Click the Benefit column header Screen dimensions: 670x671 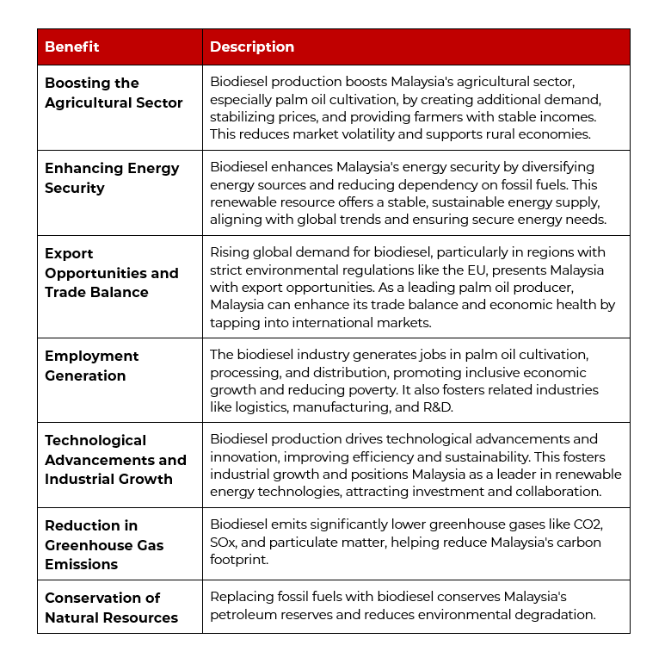tap(72, 47)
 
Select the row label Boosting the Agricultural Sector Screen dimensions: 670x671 tap(114, 93)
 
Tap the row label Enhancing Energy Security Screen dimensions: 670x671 tap(112, 178)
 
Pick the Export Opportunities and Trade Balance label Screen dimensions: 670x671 tap(112, 273)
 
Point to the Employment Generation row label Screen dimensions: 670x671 tap(91, 366)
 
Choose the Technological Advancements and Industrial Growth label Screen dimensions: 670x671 tap(115, 460)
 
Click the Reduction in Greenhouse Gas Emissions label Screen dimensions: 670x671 tap(104, 545)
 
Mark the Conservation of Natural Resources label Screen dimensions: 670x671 tap(111, 608)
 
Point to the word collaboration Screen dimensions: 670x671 tap(557, 491)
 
